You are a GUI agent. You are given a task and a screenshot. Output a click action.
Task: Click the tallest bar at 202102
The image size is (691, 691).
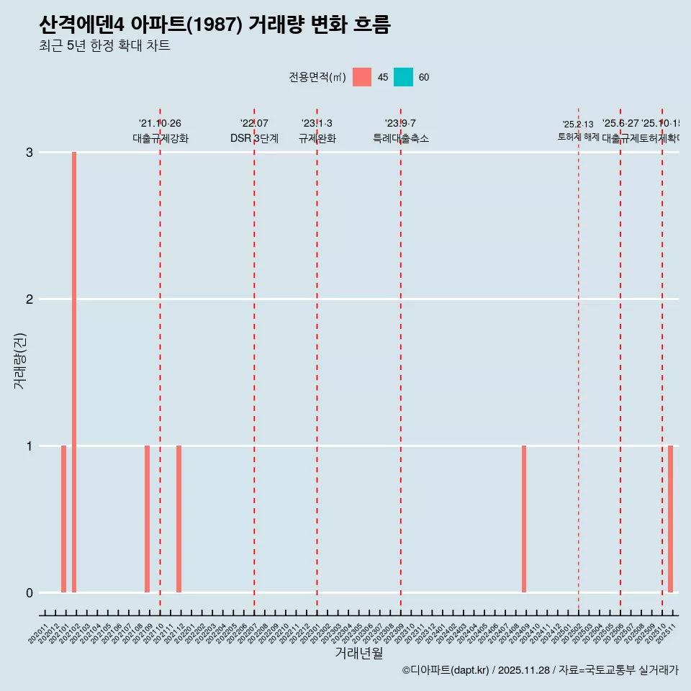[74, 372]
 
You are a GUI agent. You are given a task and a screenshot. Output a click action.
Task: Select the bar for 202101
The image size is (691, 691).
[63, 519]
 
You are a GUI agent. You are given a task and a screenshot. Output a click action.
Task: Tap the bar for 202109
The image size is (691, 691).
[147, 519]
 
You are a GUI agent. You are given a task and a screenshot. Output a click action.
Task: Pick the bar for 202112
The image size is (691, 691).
[179, 519]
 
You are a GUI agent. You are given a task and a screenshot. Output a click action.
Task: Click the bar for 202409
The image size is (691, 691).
[524, 519]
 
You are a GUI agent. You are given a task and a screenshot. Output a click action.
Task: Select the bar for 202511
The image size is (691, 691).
[670, 519]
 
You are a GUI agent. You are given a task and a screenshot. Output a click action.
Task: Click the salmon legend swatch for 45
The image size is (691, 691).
[362, 77]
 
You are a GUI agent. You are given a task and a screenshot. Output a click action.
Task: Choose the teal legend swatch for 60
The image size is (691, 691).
[403, 77]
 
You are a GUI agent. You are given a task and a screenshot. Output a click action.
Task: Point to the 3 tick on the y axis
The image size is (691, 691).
[30, 153]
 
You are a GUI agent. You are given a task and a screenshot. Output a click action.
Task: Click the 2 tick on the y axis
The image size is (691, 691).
[30, 299]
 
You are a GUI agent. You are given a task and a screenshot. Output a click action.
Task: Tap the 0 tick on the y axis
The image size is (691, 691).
[30, 593]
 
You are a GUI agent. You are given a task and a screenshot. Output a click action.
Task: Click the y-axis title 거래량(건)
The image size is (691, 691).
[20, 361]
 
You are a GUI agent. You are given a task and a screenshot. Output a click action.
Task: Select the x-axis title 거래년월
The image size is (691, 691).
[358, 654]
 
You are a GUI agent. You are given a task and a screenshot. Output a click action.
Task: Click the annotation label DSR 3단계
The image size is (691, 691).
[254, 138]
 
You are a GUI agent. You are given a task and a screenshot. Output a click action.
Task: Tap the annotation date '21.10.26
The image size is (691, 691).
[160, 124]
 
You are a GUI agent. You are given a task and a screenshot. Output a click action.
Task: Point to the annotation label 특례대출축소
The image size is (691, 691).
[401, 138]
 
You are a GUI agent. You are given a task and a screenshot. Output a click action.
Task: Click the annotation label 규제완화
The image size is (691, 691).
[317, 138]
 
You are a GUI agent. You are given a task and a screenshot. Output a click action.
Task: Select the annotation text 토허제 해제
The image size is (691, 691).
[578, 136]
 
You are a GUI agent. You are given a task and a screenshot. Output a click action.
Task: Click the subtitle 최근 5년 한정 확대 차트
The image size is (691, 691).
[104, 46]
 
